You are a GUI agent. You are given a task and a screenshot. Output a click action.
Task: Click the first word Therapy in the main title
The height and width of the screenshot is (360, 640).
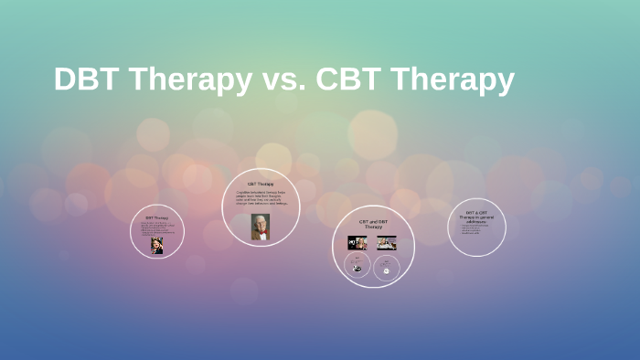pyautogui.click(x=187, y=80)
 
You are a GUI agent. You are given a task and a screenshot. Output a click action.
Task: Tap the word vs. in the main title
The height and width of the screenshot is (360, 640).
pyautogui.click(x=282, y=80)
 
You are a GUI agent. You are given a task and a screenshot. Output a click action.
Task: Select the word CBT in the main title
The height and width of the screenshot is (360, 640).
pyautogui.click(x=349, y=79)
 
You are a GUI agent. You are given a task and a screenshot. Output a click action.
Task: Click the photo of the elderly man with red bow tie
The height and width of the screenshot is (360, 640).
pyautogui.click(x=261, y=227)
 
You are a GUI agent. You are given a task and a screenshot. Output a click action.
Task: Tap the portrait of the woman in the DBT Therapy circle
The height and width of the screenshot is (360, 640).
pyautogui.click(x=157, y=245)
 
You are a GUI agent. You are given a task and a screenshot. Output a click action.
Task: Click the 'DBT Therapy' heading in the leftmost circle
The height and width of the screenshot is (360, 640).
pyautogui.click(x=157, y=217)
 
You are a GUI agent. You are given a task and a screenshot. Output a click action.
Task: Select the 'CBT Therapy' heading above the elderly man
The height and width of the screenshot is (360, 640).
pyautogui.click(x=261, y=184)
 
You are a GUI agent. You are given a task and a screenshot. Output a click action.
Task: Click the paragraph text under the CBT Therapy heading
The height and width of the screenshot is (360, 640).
pyautogui.click(x=261, y=198)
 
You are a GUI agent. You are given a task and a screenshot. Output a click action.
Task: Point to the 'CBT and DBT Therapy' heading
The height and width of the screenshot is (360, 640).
pyautogui.click(x=373, y=224)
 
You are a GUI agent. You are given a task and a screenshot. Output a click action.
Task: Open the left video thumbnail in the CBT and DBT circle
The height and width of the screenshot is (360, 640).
pyautogui.click(x=357, y=243)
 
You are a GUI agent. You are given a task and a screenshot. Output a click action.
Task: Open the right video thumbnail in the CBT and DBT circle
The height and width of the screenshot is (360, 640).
pyautogui.click(x=387, y=243)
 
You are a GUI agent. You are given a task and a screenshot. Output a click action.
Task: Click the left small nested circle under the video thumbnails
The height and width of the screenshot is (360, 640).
pyautogui.click(x=357, y=267)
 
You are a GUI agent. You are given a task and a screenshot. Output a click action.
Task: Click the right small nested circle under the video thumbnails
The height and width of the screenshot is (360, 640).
pyautogui.click(x=387, y=269)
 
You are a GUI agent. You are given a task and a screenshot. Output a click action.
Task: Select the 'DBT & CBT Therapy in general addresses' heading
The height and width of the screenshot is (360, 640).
pyautogui.click(x=476, y=217)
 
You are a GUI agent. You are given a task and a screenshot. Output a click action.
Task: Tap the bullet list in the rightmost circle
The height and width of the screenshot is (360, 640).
pyautogui.click(x=474, y=229)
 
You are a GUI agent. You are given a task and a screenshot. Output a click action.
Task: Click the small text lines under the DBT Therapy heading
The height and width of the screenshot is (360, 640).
pyautogui.click(x=157, y=228)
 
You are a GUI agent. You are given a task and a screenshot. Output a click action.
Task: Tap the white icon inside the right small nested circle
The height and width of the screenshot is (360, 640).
pyautogui.click(x=387, y=270)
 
